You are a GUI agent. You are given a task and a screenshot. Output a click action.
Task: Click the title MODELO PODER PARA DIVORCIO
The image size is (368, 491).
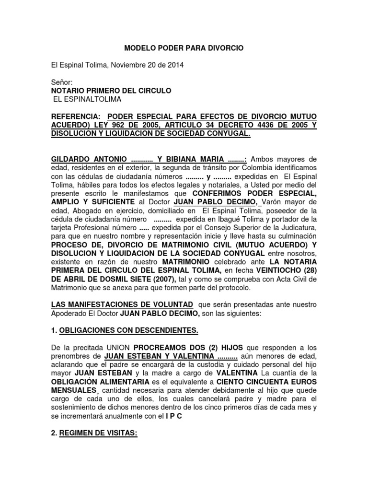pyautogui.click(x=184, y=48)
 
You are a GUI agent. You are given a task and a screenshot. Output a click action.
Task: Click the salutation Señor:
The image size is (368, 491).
pyautogui.click(x=61, y=82)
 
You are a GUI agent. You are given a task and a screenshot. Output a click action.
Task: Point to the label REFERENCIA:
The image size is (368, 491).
pyautogui.click(x=76, y=117)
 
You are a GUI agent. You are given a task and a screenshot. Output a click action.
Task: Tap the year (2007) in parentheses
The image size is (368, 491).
pyautogui.click(x=165, y=280)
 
